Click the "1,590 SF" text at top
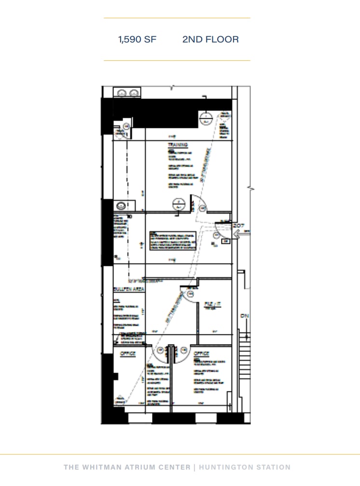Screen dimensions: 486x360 138,40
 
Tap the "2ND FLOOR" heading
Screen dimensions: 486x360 210,40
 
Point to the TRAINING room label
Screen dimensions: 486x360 178,145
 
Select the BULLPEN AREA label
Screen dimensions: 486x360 129,289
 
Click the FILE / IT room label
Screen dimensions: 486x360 212,304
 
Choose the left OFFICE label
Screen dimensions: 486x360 128,354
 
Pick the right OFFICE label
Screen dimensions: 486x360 201,354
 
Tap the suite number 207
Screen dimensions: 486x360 239,225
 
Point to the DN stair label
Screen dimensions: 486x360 244,317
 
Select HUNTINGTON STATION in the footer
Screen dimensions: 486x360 245,467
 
